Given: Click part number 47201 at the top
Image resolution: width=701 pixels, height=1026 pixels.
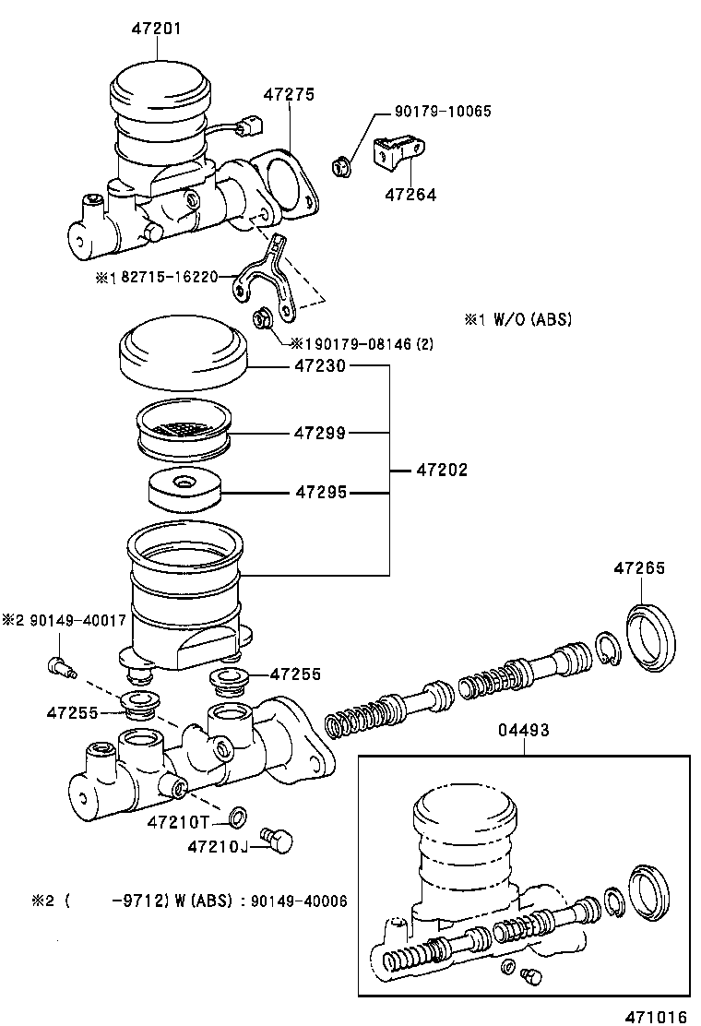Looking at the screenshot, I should (156, 29).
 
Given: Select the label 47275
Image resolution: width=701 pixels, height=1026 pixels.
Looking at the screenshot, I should (289, 94).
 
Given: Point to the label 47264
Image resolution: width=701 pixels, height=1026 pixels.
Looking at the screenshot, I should (410, 195).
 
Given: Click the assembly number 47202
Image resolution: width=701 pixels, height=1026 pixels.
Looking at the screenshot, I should (442, 470).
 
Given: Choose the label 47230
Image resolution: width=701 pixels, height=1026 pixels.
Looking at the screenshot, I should (319, 366).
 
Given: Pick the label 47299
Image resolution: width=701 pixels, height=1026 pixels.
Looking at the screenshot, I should (319, 432).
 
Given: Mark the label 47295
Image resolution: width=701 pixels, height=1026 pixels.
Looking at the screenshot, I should (319, 493).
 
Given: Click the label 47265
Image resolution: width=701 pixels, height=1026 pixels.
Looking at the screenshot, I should (639, 568).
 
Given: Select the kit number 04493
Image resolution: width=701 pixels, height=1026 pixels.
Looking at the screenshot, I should (524, 730).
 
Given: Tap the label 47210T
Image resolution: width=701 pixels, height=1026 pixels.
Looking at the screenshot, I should (180, 821).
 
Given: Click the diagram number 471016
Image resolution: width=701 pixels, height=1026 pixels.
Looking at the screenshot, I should (656, 1016).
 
